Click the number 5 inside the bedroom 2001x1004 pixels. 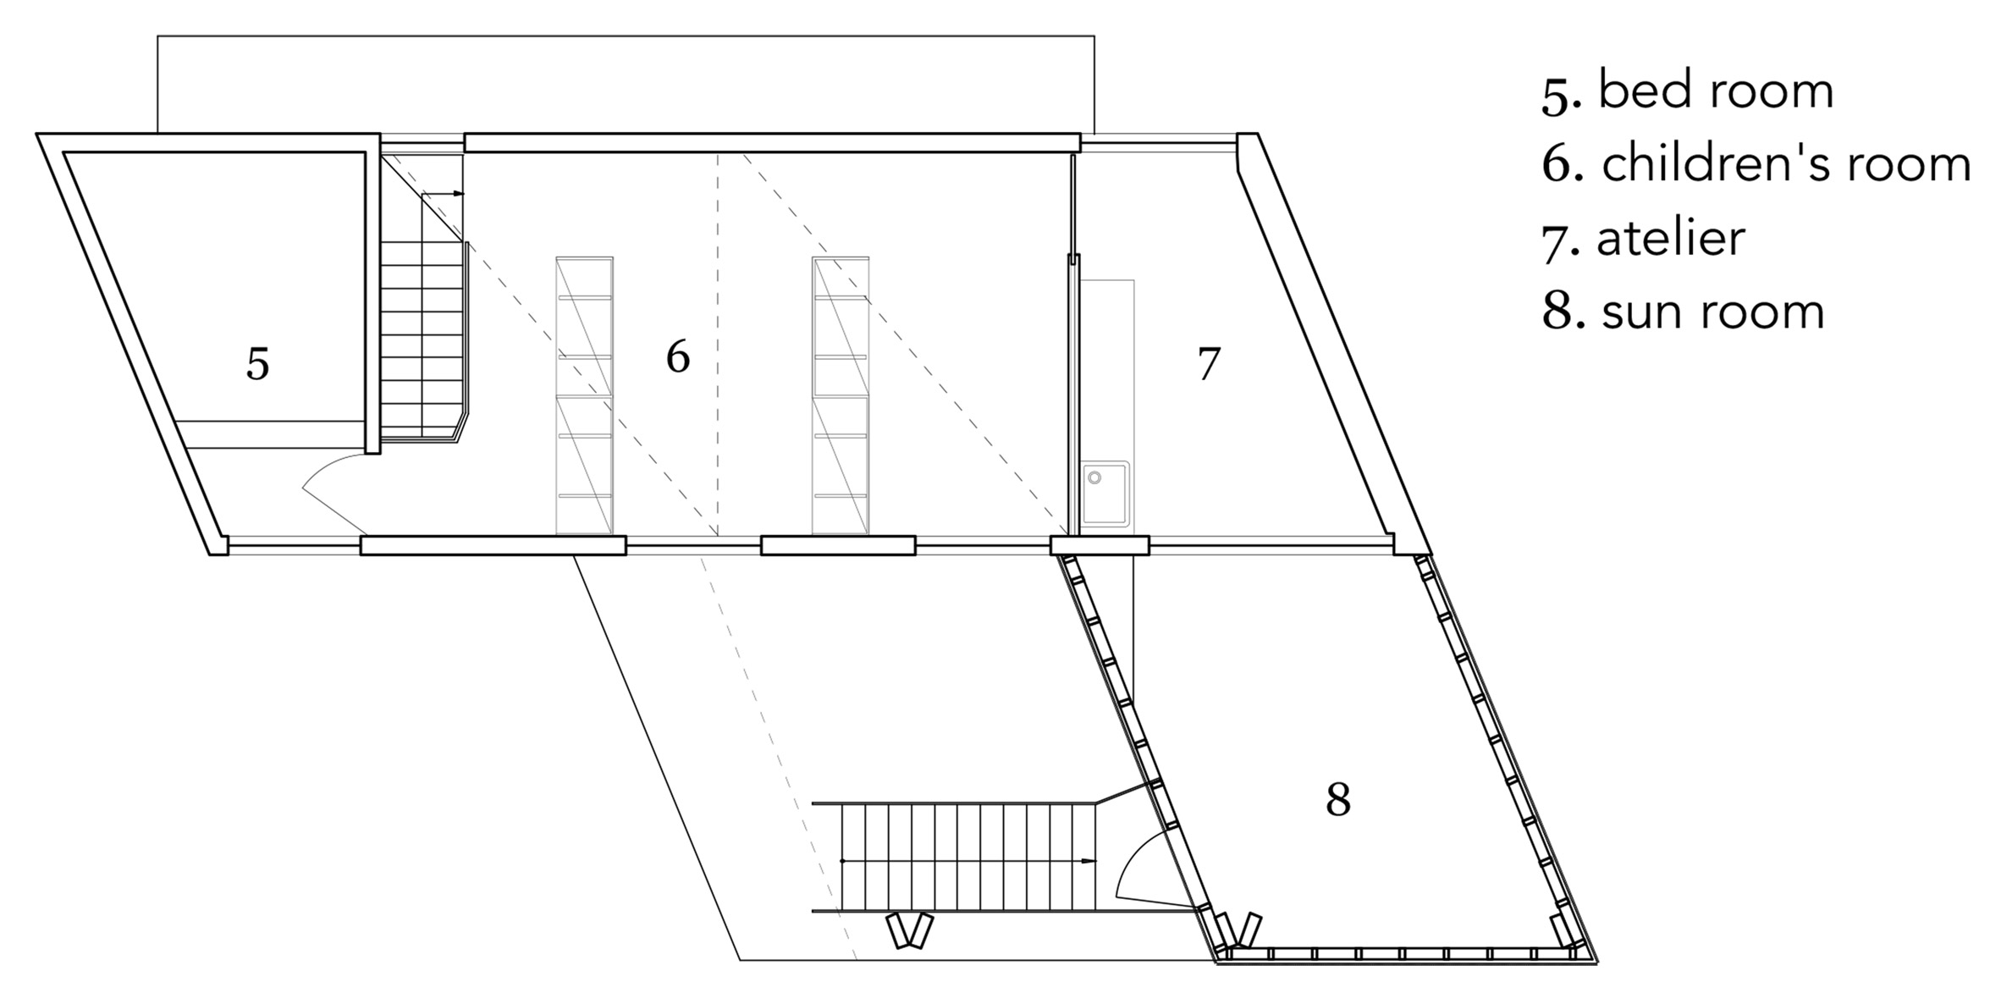257,364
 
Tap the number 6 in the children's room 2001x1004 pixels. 678,356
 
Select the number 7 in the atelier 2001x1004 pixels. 1209,364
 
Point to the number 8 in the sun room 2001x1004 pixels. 1338,798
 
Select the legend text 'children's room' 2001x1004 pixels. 1787,163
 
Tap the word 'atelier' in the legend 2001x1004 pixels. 1671,238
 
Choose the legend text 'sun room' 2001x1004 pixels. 1712,312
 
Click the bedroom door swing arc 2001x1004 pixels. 330,491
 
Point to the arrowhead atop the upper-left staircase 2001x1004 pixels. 459,193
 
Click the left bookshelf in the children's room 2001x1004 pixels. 584,396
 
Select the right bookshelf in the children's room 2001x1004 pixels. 841,396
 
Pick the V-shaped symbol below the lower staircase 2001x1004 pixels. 910,930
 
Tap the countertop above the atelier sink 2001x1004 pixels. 1107,370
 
